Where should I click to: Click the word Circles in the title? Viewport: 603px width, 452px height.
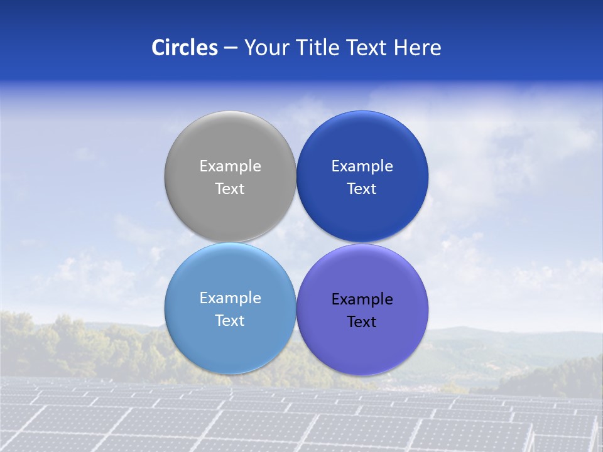(x=185, y=48)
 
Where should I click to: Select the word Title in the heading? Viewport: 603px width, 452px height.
(x=316, y=48)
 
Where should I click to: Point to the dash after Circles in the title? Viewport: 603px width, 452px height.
(x=231, y=48)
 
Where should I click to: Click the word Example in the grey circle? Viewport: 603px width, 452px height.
(x=230, y=166)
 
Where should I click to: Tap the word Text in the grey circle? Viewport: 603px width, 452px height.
(x=230, y=189)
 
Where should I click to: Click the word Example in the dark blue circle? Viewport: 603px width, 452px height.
(x=362, y=166)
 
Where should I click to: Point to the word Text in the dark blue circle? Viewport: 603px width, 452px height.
(x=362, y=189)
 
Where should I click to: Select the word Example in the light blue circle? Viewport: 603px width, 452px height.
(x=230, y=298)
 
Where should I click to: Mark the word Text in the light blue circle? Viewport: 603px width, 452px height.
(x=230, y=321)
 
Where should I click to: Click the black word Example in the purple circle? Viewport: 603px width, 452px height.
(x=362, y=299)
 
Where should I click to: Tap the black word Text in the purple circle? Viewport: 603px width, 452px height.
(x=362, y=322)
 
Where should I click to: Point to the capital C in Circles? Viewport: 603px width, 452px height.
(x=158, y=48)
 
